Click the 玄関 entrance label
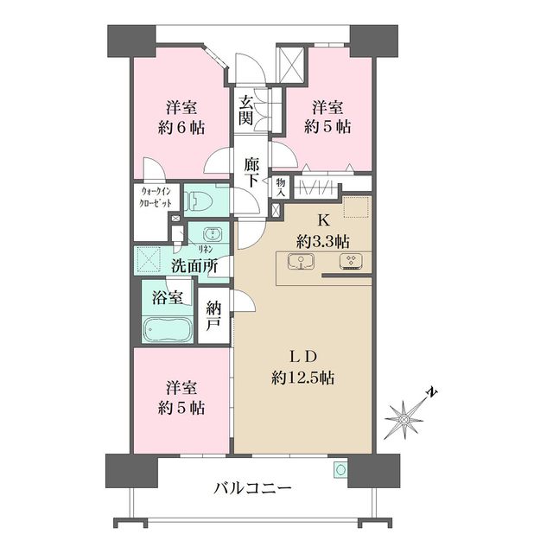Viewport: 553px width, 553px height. coord(245,111)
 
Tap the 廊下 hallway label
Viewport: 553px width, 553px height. coord(251,172)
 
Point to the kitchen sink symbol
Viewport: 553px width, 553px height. coord(301,261)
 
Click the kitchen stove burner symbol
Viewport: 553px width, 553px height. coord(352,262)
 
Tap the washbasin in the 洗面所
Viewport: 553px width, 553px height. coord(213,234)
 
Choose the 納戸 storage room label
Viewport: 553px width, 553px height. coord(213,316)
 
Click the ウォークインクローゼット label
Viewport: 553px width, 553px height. coord(156,198)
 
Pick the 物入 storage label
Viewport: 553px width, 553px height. coord(280,187)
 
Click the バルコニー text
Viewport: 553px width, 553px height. coord(253,488)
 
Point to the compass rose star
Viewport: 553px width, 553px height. coord(404,418)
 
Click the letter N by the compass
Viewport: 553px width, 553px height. coord(432,392)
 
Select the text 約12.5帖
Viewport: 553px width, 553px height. coord(302,378)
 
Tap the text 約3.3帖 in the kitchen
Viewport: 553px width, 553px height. coord(323,242)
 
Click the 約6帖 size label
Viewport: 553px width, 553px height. coord(181,128)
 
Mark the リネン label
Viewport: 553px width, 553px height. coord(206,249)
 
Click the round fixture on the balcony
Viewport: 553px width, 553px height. coord(340,469)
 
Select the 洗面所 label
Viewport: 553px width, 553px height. coord(194,267)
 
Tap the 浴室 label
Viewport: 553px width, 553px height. coord(168,298)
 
